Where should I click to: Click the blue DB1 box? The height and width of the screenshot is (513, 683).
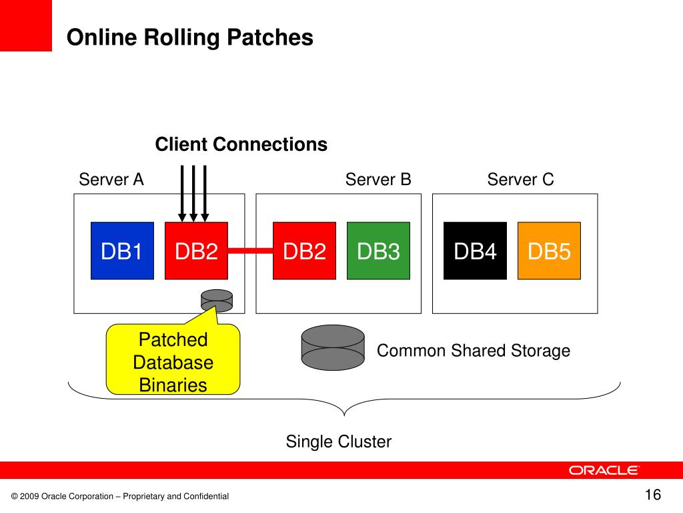pos(123,251)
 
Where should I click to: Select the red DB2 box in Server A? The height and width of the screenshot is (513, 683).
pos(197,251)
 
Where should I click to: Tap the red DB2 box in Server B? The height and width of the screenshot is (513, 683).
pos(304,251)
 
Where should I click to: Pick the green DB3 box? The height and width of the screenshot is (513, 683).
pos(379,251)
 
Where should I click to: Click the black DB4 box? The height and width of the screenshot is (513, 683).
pos(475,251)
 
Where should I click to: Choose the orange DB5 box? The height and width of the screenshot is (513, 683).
pos(550,251)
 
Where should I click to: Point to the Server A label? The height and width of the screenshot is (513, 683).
pos(111,179)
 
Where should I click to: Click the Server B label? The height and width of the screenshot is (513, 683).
pos(378,179)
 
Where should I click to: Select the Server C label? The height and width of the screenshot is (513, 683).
pos(520,179)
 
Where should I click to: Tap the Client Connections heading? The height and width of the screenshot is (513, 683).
pos(241,144)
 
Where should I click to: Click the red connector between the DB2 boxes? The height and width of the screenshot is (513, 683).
pos(251,250)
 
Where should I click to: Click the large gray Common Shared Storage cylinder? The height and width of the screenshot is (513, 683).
pos(333,347)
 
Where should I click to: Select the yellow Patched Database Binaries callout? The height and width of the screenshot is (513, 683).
pos(173,359)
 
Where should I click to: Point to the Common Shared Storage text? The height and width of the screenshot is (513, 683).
pos(474,351)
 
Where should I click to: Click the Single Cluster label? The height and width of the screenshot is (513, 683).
pos(338,442)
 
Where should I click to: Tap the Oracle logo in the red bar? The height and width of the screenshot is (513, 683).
pos(604,470)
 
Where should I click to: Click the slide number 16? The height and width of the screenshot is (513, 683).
pos(653,495)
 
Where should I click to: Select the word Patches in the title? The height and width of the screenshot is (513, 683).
pos(270,37)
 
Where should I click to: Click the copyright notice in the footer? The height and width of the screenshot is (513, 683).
pos(120,496)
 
